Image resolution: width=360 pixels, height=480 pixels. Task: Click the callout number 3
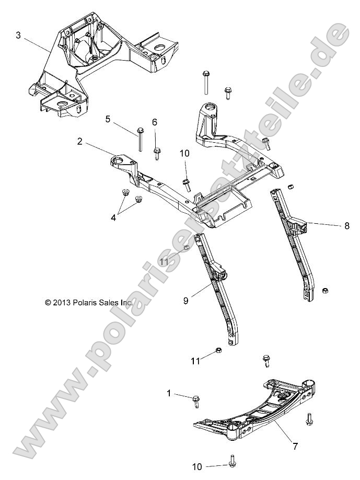click(18, 36)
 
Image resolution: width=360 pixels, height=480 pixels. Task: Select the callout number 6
click(155, 122)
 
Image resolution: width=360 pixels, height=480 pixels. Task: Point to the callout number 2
click(80, 141)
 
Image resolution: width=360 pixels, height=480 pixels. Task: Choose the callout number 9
click(185, 301)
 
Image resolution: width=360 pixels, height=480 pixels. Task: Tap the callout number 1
click(169, 392)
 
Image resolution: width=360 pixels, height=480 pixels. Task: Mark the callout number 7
click(295, 447)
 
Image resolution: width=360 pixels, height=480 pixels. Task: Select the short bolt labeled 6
click(157, 153)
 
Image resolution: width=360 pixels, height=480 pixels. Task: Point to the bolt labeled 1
click(196, 401)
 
